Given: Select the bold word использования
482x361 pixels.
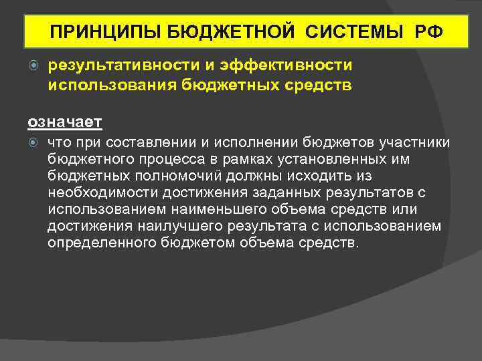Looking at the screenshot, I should point(105,84).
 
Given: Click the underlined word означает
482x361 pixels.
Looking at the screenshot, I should point(64,122).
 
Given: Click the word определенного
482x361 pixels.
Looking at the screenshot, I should point(98,243).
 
